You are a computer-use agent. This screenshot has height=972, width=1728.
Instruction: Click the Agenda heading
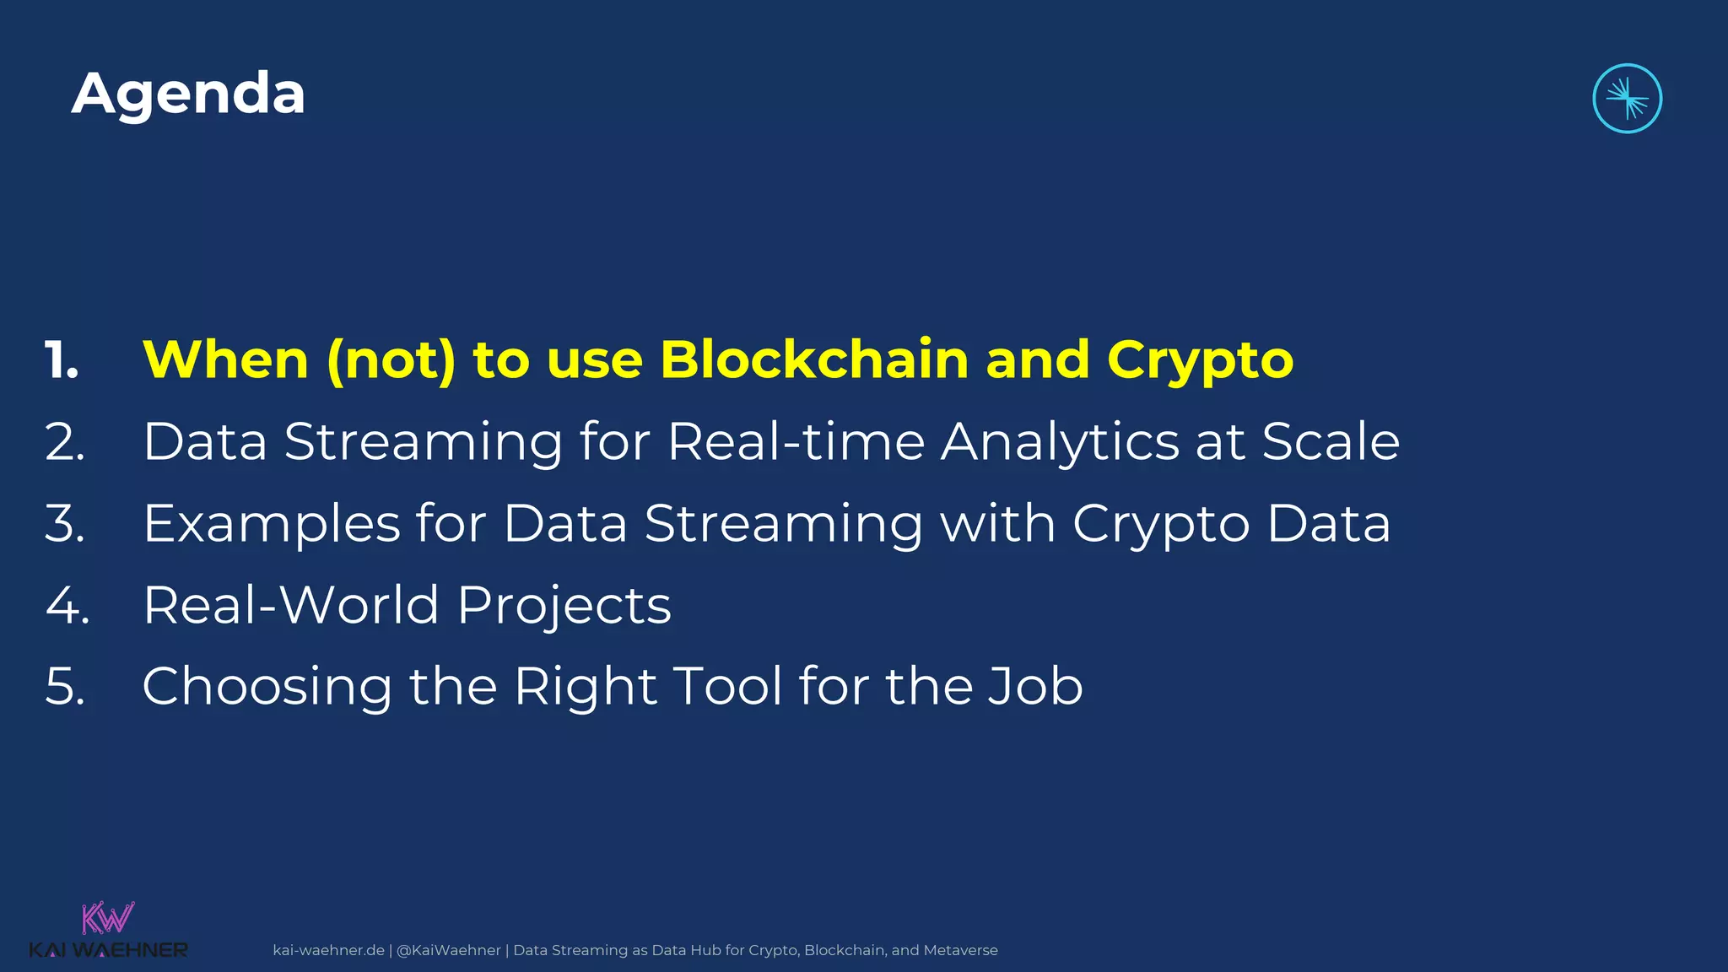[x=188, y=94]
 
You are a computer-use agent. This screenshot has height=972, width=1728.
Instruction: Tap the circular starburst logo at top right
[x=1627, y=99]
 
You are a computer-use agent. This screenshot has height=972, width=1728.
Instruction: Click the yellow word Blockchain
[x=814, y=360]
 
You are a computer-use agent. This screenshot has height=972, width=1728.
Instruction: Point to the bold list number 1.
[x=61, y=361]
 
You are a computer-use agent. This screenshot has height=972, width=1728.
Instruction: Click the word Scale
[x=1331, y=441]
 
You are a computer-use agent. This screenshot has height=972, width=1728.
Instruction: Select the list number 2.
[x=65, y=442]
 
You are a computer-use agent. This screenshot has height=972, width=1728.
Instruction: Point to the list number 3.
[x=65, y=524]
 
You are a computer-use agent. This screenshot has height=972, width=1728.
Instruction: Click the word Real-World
[x=291, y=605]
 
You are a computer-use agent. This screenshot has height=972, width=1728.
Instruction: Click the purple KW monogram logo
[x=107, y=918]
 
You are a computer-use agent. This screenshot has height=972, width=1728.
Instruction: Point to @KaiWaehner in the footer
[x=448, y=950]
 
